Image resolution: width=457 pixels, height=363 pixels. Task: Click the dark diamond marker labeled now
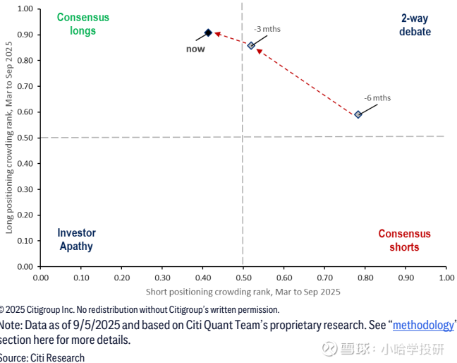(x=208, y=32)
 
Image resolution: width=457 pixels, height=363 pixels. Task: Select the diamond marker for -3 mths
(x=251, y=45)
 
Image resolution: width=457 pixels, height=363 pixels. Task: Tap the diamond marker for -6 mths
(x=358, y=114)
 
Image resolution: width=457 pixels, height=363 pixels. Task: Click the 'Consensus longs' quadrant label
(x=83, y=24)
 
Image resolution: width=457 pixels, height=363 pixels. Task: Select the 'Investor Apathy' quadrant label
(x=76, y=239)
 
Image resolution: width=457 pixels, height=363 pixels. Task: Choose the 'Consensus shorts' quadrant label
(x=404, y=240)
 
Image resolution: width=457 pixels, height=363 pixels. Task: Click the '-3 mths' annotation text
(x=267, y=29)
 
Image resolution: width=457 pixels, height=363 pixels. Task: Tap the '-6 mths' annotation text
(x=377, y=98)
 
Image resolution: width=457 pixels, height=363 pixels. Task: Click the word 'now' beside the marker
(x=195, y=49)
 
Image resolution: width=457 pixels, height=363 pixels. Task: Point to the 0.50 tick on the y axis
(x=25, y=138)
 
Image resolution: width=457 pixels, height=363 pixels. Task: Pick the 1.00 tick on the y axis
(x=25, y=8)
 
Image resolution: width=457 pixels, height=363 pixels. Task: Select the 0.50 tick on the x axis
(x=243, y=278)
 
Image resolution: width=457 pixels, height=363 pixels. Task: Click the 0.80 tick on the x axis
(x=365, y=278)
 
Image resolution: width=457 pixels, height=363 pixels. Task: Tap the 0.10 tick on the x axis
(x=81, y=278)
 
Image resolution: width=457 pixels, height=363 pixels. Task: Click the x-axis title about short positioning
(x=243, y=291)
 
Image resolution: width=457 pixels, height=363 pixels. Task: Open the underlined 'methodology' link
(x=423, y=325)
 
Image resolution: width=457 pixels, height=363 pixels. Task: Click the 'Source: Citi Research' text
(x=42, y=357)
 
